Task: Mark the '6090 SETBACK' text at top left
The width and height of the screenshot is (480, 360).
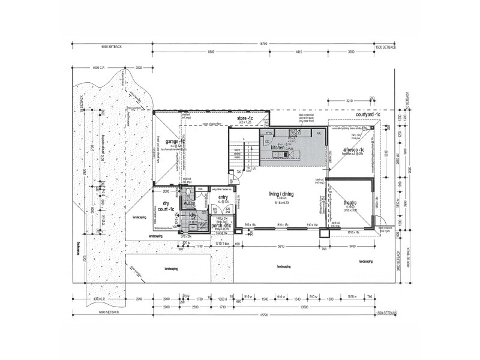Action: (111, 46)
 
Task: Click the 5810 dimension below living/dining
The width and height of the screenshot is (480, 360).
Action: (280, 246)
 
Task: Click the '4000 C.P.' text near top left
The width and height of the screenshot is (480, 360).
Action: (99, 68)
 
